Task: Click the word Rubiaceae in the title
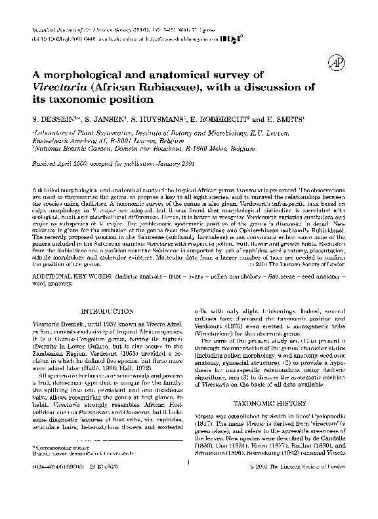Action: [x=172, y=88]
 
